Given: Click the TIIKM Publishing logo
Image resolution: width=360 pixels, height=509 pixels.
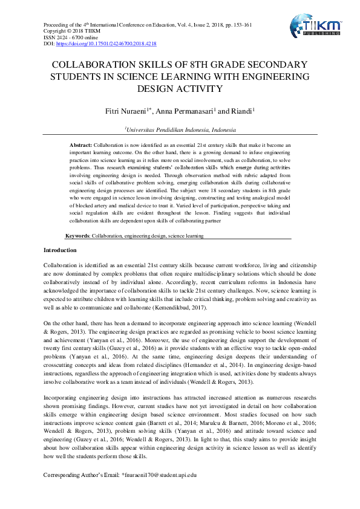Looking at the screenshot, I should (x=316, y=27).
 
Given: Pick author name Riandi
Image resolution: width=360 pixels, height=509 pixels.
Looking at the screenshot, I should (x=241, y=111).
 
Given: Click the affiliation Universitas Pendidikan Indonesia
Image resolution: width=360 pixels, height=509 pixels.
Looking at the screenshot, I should (x=181, y=129).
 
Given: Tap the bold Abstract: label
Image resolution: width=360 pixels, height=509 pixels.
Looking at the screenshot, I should (x=81, y=146).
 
